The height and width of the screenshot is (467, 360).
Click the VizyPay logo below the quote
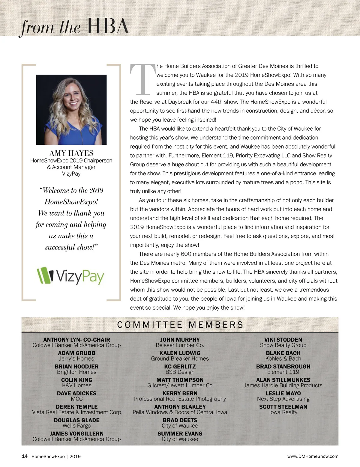point(71,276)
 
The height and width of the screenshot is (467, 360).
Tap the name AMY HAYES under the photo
point(71,153)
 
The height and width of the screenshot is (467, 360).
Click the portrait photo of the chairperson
point(71,110)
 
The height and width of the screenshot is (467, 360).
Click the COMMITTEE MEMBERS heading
point(180,325)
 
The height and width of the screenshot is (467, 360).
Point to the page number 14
point(25,456)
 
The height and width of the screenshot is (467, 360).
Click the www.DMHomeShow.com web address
point(313,456)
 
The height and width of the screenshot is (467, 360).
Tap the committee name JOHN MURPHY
point(180,340)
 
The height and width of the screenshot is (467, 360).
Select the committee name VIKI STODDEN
point(283,340)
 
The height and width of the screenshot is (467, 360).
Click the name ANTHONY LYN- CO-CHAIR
point(76,340)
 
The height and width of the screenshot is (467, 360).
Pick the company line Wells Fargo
point(76,426)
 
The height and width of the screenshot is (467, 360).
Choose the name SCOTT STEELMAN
point(283,407)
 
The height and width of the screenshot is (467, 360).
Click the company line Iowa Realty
point(283,412)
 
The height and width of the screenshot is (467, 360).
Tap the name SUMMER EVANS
point(180,433)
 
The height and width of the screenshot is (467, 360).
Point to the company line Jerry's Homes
point(76,358)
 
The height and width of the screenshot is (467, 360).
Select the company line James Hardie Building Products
point(283,385)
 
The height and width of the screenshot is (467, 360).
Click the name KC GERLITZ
point(180,366)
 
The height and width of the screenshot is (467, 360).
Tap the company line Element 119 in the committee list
point(283,372)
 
